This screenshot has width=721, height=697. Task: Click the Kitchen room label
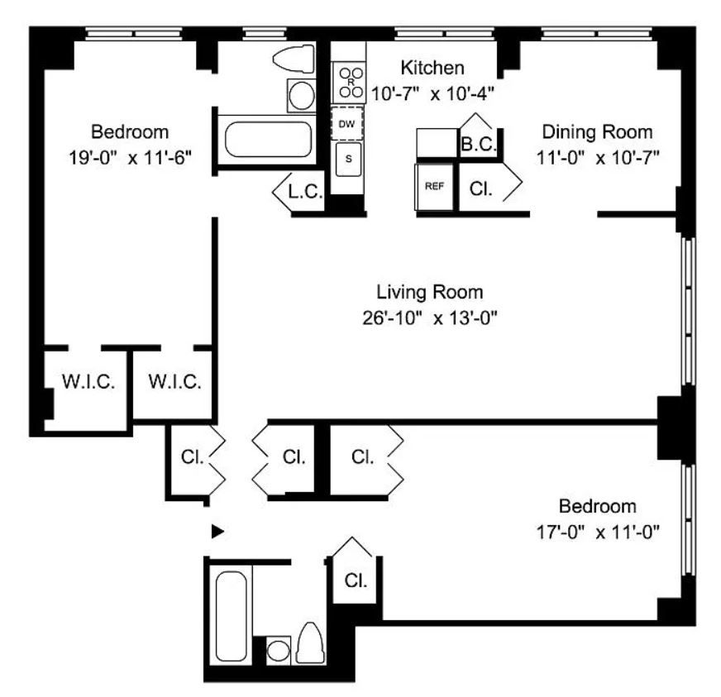coord(432,68)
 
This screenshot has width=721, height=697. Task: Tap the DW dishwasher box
coord(348,124)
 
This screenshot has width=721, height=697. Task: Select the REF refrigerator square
coord(434,186)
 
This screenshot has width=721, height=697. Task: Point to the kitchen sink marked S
coord(348,159)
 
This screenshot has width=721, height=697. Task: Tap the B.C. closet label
coord(479,144)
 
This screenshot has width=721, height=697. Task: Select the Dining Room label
coord(596,132)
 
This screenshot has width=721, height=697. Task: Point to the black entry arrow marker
coord(217,532)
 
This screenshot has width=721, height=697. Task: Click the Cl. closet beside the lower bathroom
coord(356,580)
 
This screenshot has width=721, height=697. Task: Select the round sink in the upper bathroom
coord(301,96)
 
